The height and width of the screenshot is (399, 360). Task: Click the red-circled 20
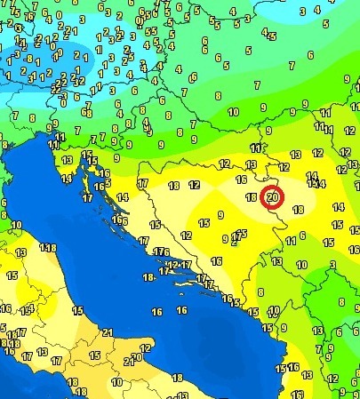click(x=273, y=196)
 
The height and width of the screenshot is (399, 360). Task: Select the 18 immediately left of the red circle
click(x=252, y=197)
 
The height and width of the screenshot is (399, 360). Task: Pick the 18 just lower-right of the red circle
click(x=299, y=210)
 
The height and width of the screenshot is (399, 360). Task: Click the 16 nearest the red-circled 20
click(x=241, y=180)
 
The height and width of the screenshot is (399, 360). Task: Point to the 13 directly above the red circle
click(x=252, y=164)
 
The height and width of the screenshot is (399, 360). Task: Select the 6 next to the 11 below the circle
click(x=304, y=235)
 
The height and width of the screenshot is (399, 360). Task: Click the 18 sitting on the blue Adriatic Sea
click(x=148, y=276)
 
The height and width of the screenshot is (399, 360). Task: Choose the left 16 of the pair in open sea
click(x=156, y=311)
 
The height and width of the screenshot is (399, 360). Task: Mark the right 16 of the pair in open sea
click(x=181, y=311)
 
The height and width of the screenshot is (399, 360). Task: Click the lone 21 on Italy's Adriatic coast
click(x=108, y=332)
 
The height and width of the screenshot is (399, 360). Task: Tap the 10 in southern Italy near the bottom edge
click(x=117, y=381)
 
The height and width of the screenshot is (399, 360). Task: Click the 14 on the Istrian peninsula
click(x=67, y=178)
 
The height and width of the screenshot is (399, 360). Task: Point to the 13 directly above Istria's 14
click(x=67, y=161)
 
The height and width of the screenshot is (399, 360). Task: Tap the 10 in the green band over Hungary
click(x=233, y=112)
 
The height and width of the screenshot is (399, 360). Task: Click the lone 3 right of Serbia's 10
click(x=330, y=265)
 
